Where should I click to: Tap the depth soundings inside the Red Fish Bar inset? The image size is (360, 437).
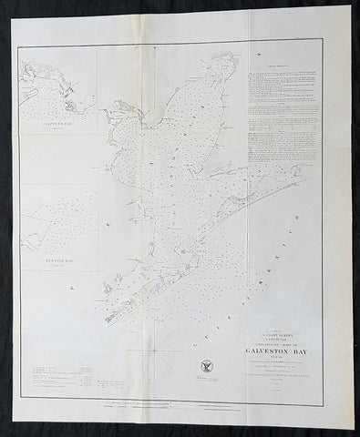pos(55,218)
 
